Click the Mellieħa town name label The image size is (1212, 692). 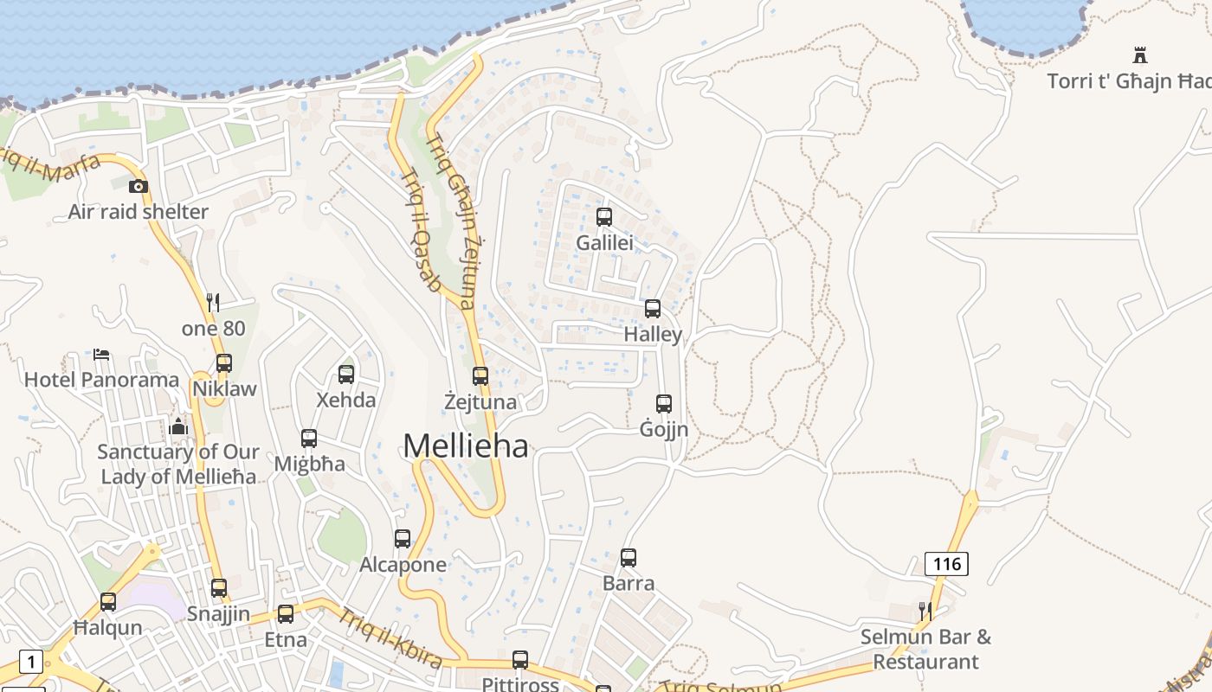click(466, 445)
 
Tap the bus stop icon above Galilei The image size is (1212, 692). click(604, 217)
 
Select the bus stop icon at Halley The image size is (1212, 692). click(653, 309)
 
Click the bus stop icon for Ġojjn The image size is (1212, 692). click(664, 404)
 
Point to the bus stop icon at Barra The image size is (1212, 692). click(629, 558)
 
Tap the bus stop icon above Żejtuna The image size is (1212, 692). click(480, 376)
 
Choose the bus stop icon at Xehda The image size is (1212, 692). click(346, 375)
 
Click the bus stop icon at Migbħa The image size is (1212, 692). click(309, 439)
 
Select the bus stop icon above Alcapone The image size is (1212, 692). click(403, 539)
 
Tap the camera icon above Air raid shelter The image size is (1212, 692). click(139, 186)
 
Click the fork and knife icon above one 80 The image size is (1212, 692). click(213, 303)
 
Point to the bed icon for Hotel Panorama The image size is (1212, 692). click(101, 355)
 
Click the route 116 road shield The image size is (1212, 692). click(946, 564)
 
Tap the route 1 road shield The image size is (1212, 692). click(30, 663)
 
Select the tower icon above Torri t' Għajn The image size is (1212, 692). click(1140, 55)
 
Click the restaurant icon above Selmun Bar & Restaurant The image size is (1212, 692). click(925, 612)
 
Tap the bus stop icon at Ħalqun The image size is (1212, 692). click(108, 602)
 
